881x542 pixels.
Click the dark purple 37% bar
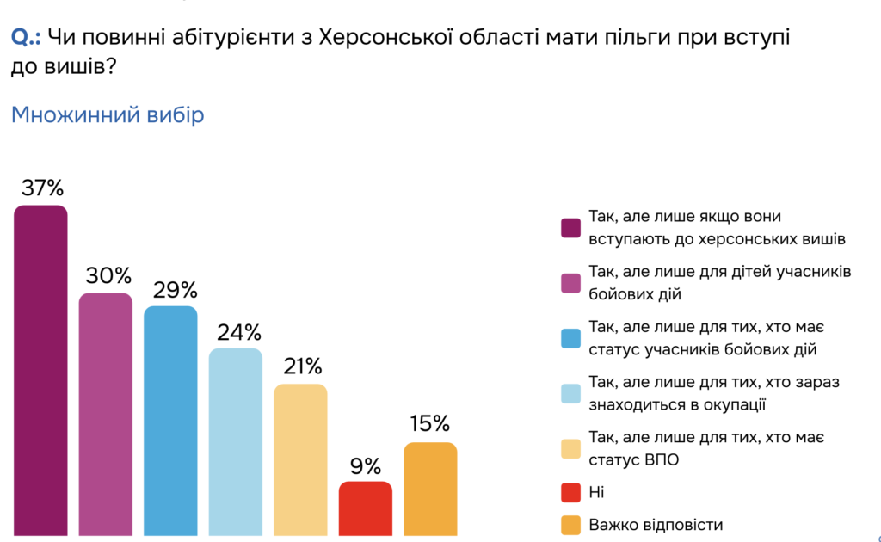click(40, 370)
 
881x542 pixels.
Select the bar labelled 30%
click(106, 413)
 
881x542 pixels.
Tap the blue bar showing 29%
click(170, 420)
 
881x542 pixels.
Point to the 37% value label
click(40, 188)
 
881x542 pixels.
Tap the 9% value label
click(366, 465)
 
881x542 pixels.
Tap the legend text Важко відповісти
click(656, 524)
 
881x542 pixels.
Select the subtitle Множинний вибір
click(108, 114)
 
